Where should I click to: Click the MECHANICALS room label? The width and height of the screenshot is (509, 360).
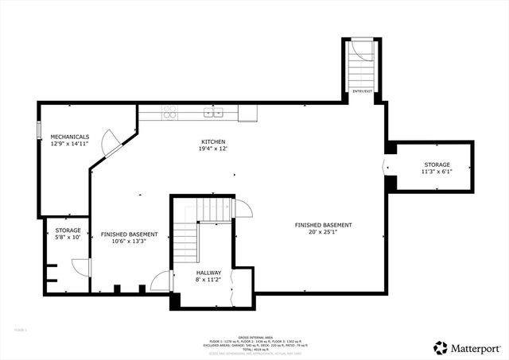[x=69, y=137]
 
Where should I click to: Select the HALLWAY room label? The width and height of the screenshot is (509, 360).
[x=209, y=273]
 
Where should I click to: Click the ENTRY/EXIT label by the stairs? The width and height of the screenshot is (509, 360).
[x=362, y=92]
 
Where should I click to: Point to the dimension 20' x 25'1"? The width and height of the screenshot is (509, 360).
[x=323, y=233]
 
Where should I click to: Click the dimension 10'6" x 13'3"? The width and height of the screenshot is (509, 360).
[x=129, y=242]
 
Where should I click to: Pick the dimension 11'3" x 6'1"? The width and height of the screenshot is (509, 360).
[x=437, y=172]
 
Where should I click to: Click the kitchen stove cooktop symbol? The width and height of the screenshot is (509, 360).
[x=169, y=113]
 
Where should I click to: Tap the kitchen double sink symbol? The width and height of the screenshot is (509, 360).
[x=213, y=113]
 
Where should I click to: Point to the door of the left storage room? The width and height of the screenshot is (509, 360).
[x=80, y=267]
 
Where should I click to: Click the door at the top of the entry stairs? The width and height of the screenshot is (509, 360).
[x=363, y=49]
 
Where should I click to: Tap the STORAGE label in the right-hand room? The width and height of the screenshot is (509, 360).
[x=436, y=165]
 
